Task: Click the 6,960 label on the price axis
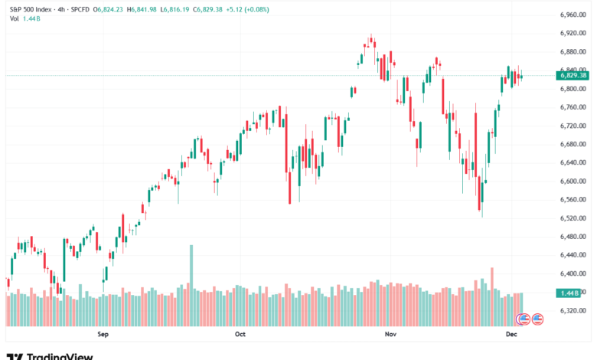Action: tap(573, 15)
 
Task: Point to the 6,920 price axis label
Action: tap(573, 33)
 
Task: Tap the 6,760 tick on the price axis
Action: tap(573, 107)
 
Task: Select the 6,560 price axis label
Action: tap(573, 200)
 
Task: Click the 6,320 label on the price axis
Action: tap(573, 311)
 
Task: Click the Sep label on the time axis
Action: tap(104, 335)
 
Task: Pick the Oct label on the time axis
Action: tap(240, 335)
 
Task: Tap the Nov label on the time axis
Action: tap(391, 335)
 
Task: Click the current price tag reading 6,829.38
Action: tap(573, 75)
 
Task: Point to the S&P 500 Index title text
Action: tap(31, 8)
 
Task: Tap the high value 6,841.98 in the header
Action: tap(152, 8)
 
